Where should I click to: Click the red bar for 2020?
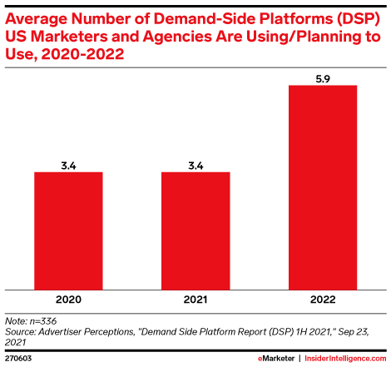tap(68, 231)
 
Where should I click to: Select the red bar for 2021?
tap(195, 231)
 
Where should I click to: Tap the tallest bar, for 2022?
tap(323, 187)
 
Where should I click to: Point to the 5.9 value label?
tap(323, 79)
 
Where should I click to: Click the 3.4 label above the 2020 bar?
tap(68, 166)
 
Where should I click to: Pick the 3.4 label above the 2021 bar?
tap(195, 166)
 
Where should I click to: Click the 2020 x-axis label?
tap(68, 300)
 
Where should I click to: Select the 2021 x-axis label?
tap(195, 300)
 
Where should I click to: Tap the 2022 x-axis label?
tap(323, 300)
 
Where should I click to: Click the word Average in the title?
tap(36, 19)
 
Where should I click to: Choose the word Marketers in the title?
tap(69, 37)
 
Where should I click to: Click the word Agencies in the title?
tap(177, 37)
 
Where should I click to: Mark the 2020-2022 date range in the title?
tap(82, 54)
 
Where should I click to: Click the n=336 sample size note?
tap(43, 321)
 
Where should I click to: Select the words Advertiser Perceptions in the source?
tap(87, 332)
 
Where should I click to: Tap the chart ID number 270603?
tap(18, 359)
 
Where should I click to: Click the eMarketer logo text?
tap(276, 359)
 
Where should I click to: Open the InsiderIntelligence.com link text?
tap(345, 359)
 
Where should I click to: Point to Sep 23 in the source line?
tap(354, 332)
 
